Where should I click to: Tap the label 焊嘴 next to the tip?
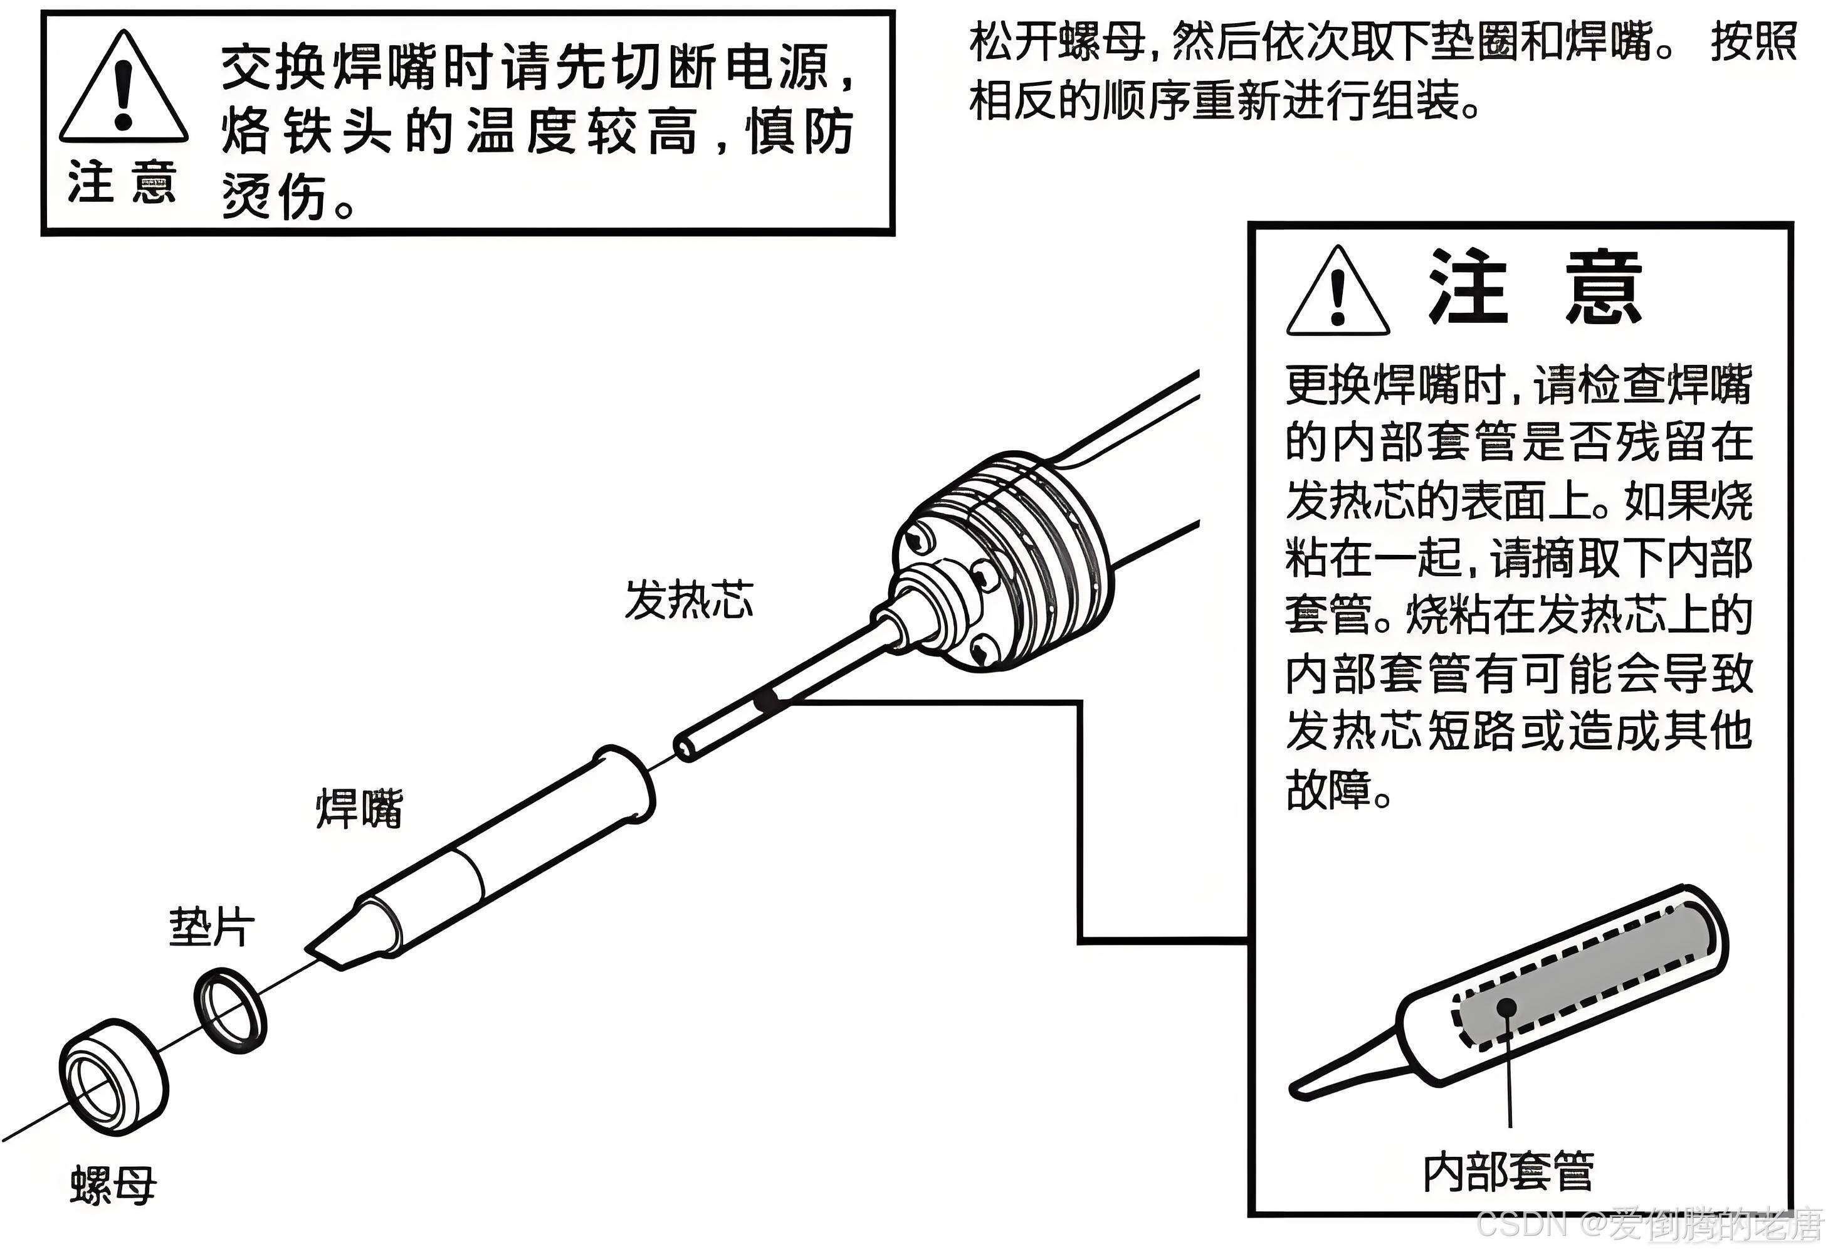click(x=359, y=809)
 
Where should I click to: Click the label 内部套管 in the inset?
click(x=1508, y=1172)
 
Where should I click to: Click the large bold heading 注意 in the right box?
click(x=1535, y=288)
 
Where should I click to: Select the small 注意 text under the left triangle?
click(x=121, y=182)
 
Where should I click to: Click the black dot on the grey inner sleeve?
click(x=1507, y=1009)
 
